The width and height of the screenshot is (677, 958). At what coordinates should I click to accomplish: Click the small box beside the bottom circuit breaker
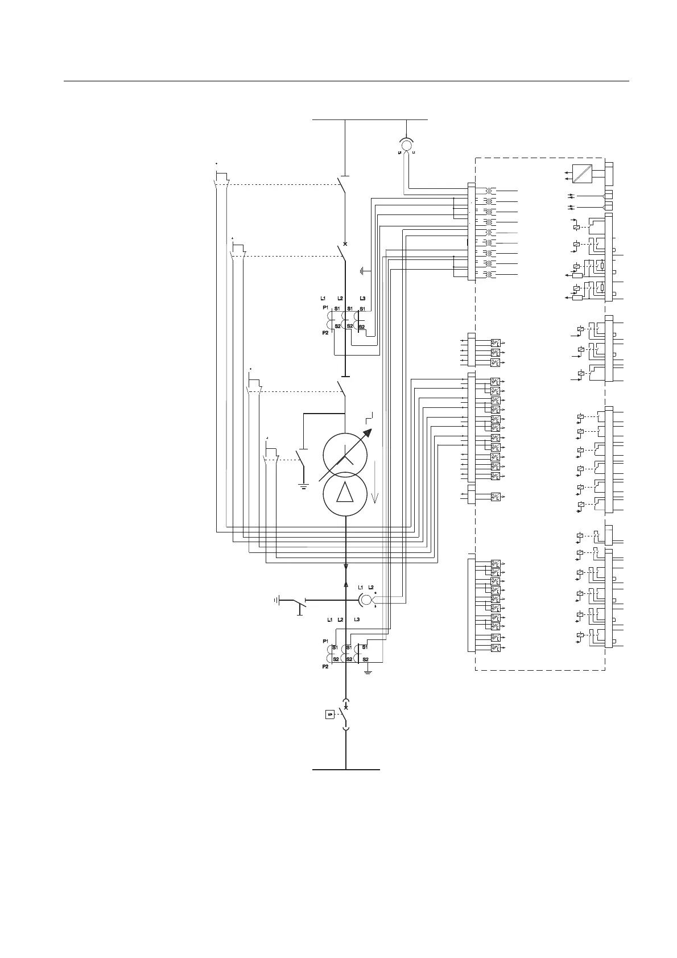point(329,714)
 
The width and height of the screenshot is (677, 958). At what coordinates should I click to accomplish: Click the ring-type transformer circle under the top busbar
point(406,145)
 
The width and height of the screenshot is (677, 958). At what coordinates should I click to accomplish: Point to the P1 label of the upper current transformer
point(325,307)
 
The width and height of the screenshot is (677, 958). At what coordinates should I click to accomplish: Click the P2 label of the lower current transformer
point(325,666)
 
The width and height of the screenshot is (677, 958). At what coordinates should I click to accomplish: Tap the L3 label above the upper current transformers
point(362,298)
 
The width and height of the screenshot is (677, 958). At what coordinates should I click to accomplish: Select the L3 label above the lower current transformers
point(357,619)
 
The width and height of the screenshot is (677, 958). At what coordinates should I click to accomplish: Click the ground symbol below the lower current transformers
point(368,672)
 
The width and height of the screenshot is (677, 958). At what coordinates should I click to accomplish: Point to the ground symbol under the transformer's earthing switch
point(303,486)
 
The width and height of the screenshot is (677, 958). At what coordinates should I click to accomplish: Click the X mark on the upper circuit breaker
point(345,243)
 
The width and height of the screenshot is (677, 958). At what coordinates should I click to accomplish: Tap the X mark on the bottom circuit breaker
point(346,707)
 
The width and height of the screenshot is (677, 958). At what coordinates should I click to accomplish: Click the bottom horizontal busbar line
point(346,770)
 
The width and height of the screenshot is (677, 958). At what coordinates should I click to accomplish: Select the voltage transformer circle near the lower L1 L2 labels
point(367,600)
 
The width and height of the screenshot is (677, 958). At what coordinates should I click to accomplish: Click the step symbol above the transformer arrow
point(370,415)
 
